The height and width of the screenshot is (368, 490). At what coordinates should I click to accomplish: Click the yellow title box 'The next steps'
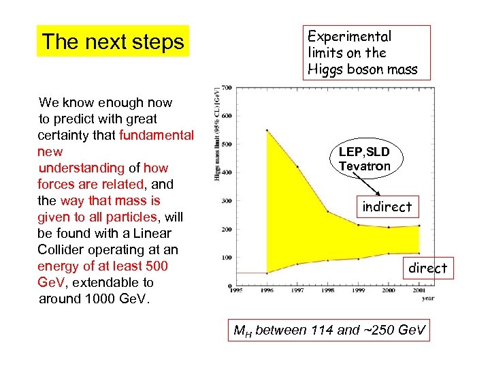click(113, 42)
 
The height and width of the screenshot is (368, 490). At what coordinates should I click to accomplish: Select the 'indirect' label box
click(387, 206)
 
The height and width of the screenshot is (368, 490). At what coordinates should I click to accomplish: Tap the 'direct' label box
click(427, 268)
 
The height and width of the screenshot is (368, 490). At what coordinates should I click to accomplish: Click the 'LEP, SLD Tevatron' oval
click(365, 159)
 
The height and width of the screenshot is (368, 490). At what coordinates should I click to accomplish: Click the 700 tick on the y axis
click(226, 87)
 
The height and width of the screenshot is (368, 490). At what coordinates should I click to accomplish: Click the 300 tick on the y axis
click(226, 200)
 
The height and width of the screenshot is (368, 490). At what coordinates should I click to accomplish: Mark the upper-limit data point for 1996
click(267, 130)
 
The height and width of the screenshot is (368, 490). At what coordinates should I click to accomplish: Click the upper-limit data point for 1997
click(297, 166)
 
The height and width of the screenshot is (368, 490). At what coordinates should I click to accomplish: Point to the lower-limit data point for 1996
click(267, 273)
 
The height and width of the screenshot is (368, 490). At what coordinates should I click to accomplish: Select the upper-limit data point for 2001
click(420, 226)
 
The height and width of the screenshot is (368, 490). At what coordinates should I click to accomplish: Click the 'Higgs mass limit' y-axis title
click(217, 134)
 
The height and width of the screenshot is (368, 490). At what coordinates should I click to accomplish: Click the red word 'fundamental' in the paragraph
click(157, 135)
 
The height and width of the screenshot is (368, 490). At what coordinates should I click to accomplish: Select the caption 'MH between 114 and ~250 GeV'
click(330, 331)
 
